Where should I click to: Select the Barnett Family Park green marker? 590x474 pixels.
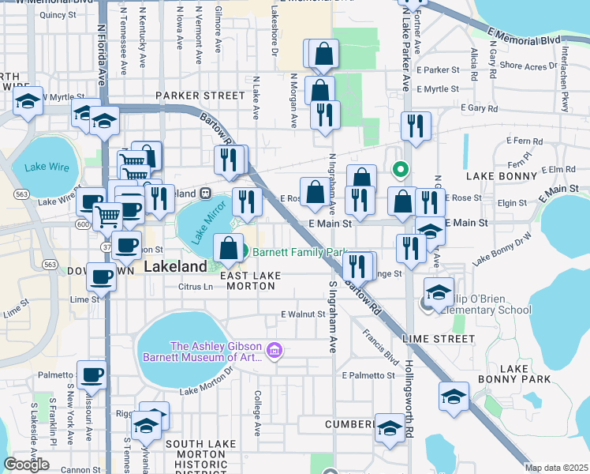click(x=244, y=253)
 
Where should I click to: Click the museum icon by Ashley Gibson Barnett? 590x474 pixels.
click(x=274, y=349)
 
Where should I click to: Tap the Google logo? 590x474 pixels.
click(x=26, y=465)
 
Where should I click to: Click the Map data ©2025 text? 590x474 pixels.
click(x=556, y=468)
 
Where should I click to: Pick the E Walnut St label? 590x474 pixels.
click(x=304, y=314)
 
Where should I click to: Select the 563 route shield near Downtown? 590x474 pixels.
click(x=50, y=263)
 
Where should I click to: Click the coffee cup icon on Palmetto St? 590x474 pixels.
click(x=91, y=374)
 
